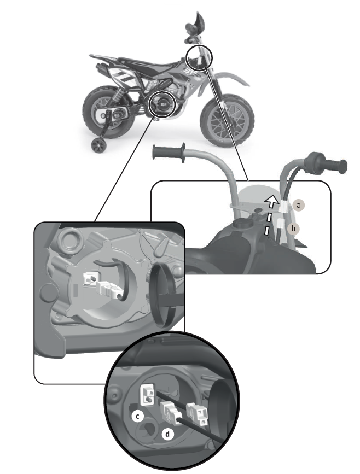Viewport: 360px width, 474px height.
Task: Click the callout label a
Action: [x=299, y=205]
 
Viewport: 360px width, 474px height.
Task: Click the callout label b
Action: [x=293, y=228]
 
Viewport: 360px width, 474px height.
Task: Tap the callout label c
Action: [x=138, y=416]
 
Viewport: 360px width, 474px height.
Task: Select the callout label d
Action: [x=167, y=435]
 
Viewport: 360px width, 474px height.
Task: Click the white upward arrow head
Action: [x=272, y=201]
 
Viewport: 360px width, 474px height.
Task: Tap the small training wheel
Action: [x=99, y=145]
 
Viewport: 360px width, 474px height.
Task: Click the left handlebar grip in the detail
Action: [x=169, y=152]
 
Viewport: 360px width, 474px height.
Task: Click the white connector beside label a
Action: [x=284, y=206]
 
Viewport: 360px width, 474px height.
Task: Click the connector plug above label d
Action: [x=171, y=412]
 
